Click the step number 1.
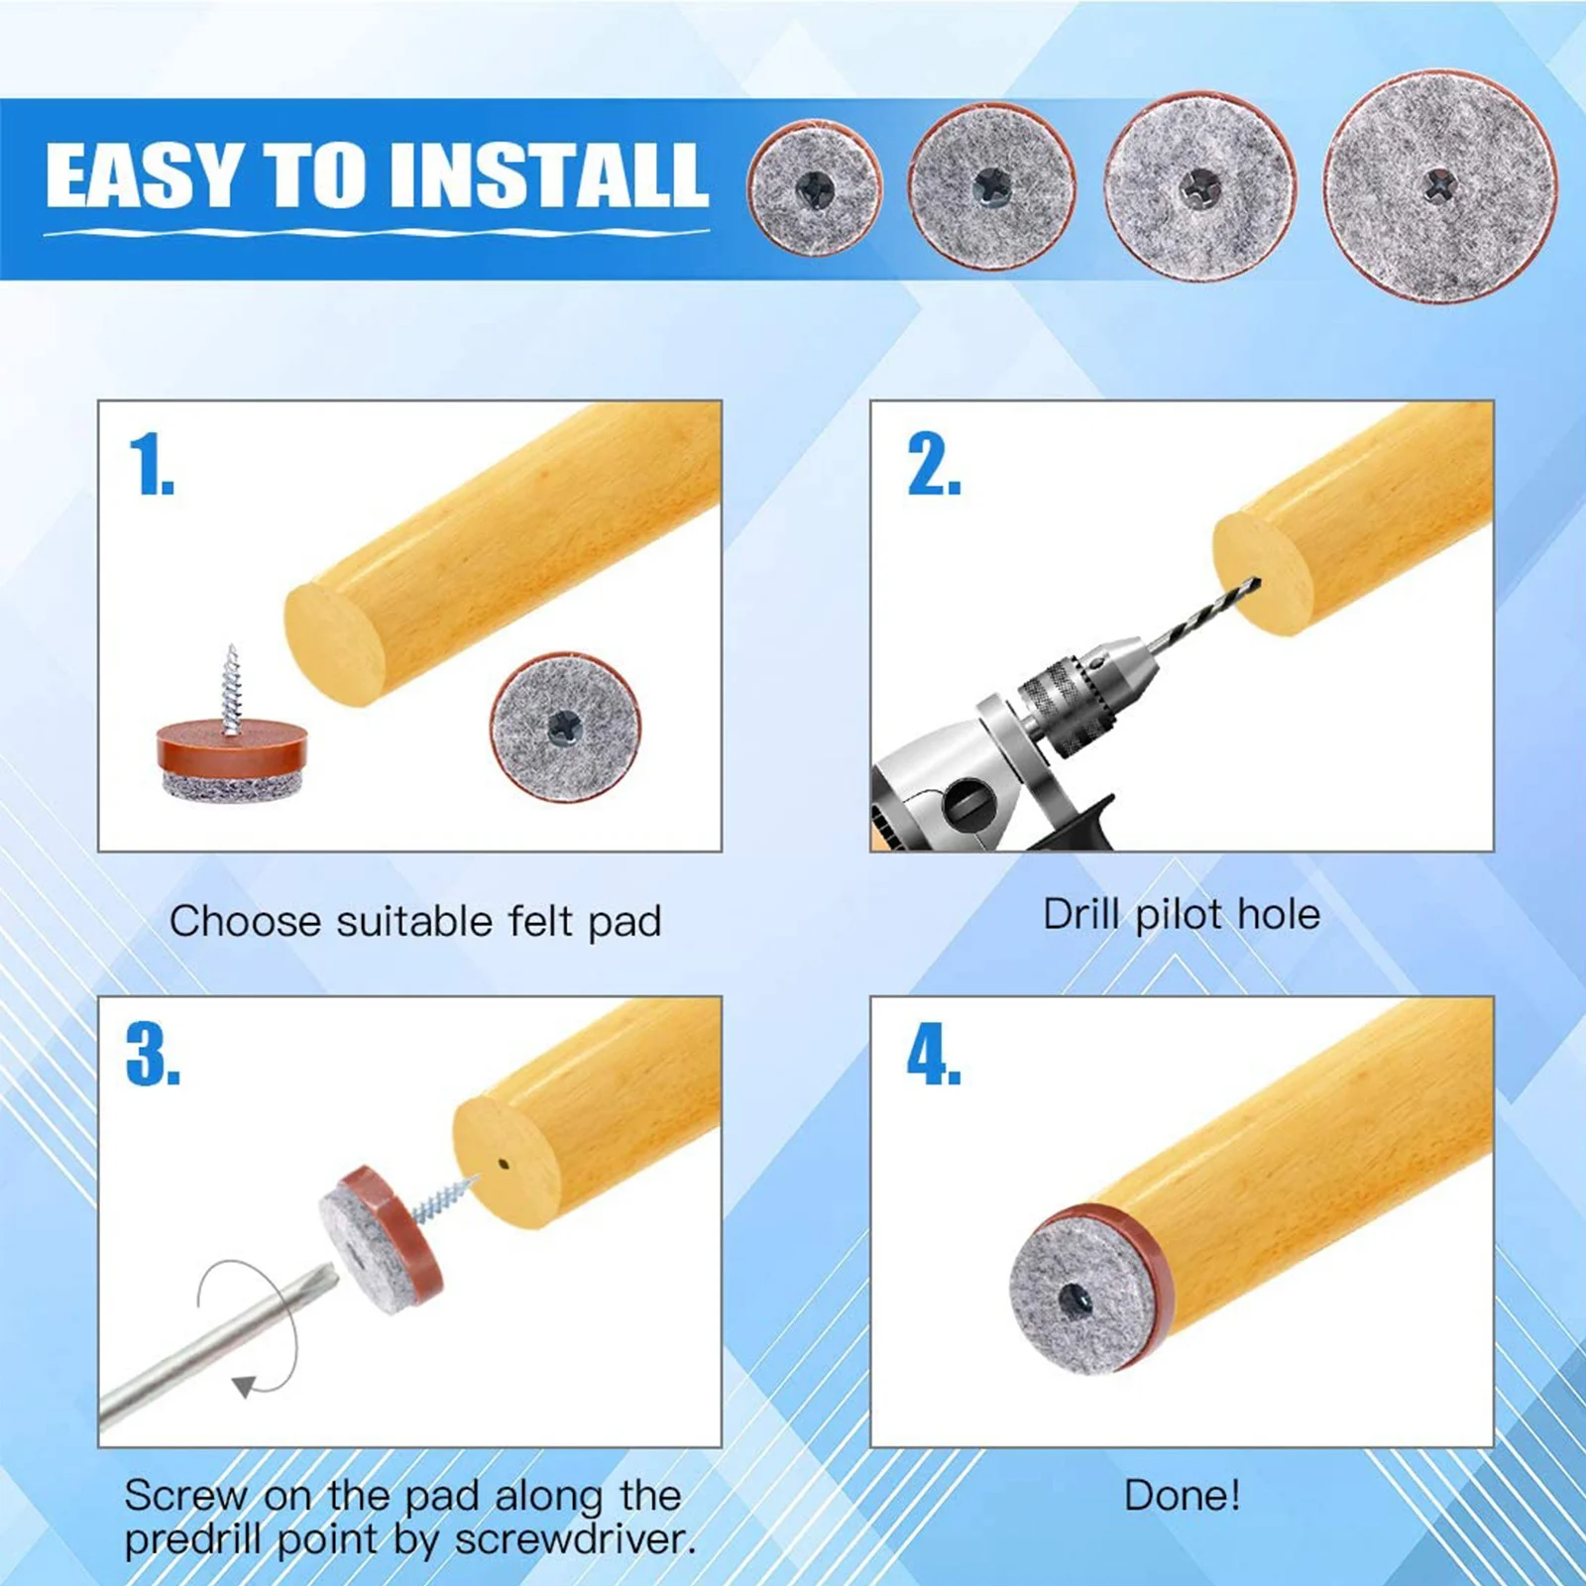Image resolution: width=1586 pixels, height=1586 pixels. coord(151,464)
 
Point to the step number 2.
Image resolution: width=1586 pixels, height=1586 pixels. coord(933,464)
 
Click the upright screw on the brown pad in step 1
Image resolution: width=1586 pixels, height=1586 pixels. coord(232,690)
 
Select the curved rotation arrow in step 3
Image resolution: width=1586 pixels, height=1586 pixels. coord(248,1328)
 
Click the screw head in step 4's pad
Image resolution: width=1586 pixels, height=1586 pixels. coord(1077,1298)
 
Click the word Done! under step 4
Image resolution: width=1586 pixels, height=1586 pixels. coord(1182,1495)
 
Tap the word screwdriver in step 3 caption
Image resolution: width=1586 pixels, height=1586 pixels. coord(575,1539)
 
